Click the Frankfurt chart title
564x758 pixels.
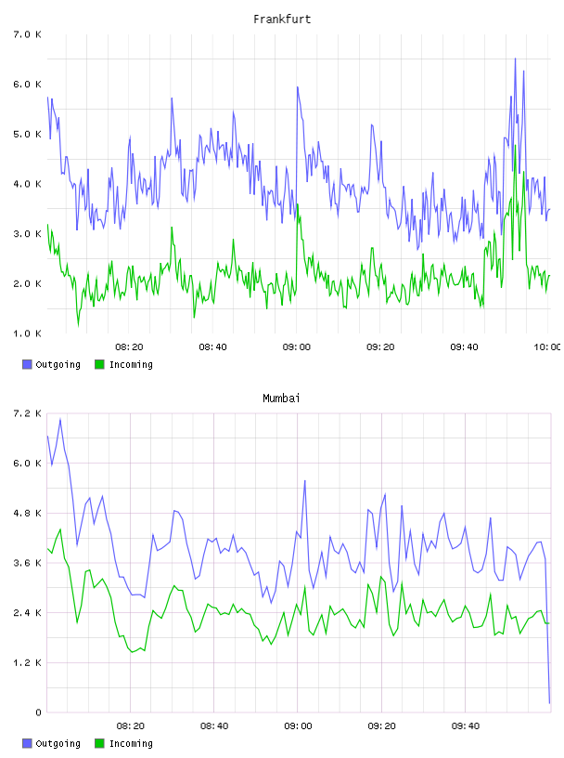(x=282, y=20)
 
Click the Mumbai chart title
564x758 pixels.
(x=281, y=399)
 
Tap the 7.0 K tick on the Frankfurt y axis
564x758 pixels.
(x=27, y=34)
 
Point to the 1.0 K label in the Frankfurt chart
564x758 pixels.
(x=27, y=333)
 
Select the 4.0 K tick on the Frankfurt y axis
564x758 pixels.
(x=27, y=184)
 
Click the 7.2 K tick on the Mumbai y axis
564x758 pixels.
(x=27, y=413)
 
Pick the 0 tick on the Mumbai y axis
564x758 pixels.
(x=38, y=712)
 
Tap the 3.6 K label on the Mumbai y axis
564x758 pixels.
(x=27, y=563)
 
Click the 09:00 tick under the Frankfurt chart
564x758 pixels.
(x=297, y=347)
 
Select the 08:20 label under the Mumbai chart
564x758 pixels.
(x=131, y=726)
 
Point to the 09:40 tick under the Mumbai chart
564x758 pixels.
(x=466, y=726)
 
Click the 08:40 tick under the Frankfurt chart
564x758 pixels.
(x=213, y=347)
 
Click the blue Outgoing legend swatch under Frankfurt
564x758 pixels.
(x=27, y=364)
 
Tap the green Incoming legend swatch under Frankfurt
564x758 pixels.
(x=99, y=364)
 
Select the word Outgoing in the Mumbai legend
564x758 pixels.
(x=58, y=743)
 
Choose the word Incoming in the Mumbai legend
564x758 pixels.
(x=131, y=743)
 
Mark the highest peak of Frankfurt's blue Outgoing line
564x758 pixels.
(x=515, y=59)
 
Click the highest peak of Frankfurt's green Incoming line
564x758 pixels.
(x=516, y=145)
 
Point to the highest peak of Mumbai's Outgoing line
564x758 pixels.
(x=60, y=419)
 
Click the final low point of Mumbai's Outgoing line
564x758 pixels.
(x=549, y=703)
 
